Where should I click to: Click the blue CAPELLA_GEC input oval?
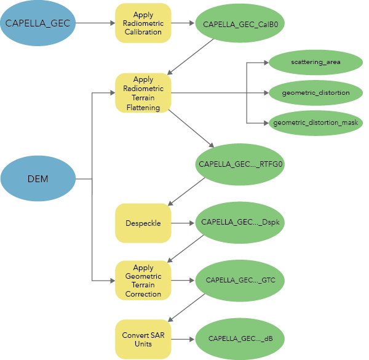pos(38,24)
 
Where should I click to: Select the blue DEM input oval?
pos(38,179)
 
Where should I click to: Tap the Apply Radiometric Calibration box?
pos(143,23)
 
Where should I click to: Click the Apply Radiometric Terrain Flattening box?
pos(143,93)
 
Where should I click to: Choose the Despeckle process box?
pos(143,223)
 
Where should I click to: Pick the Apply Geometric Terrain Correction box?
pos(143,281)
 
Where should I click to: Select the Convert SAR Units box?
pos(143,338)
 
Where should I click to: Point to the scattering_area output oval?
pos(315,62)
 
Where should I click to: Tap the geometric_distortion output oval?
pos(315,93)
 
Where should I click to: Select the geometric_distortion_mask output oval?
pos(315,123)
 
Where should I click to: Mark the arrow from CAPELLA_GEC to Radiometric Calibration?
pos(95,24)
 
